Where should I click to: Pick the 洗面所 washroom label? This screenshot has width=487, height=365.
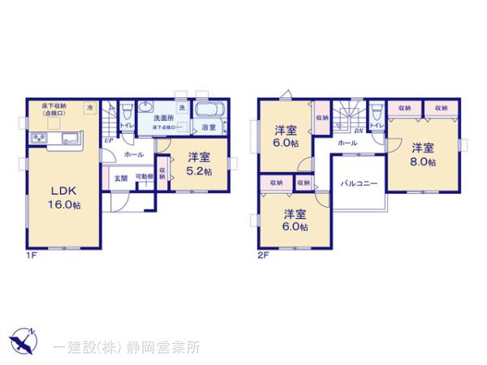(166, 117)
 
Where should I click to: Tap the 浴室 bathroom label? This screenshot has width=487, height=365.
(209, 127)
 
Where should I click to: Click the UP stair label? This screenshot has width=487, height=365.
(108, 140)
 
